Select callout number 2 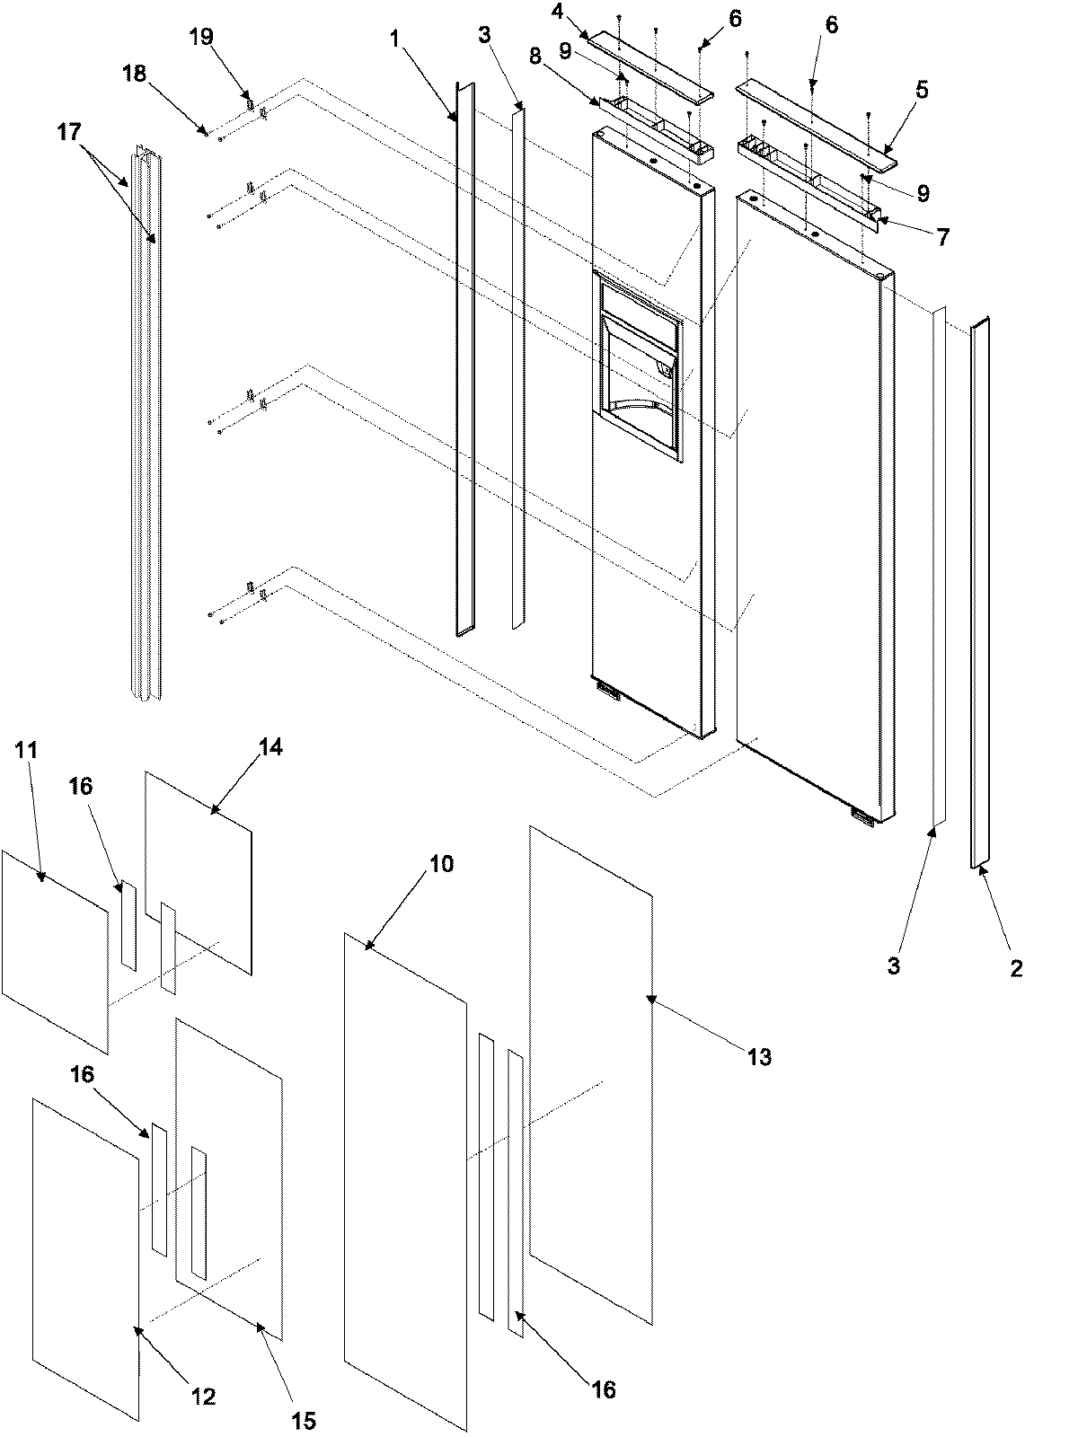point(1015,968)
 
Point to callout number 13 point(760,1057)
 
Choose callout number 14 point(270,747)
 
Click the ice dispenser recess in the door point(638,359)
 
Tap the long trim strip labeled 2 point(979,593)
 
